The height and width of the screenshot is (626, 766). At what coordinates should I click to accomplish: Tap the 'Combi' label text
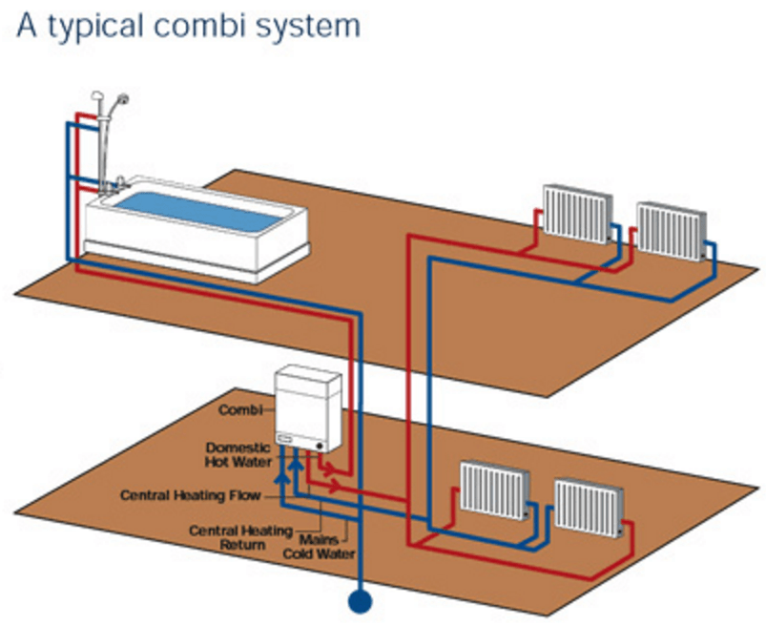[x=238, y=410]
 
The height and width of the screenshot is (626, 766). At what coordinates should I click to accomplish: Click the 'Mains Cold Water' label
[x=320, y=547]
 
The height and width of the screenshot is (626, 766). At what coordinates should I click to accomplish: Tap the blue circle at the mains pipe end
[x=360, y=601]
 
